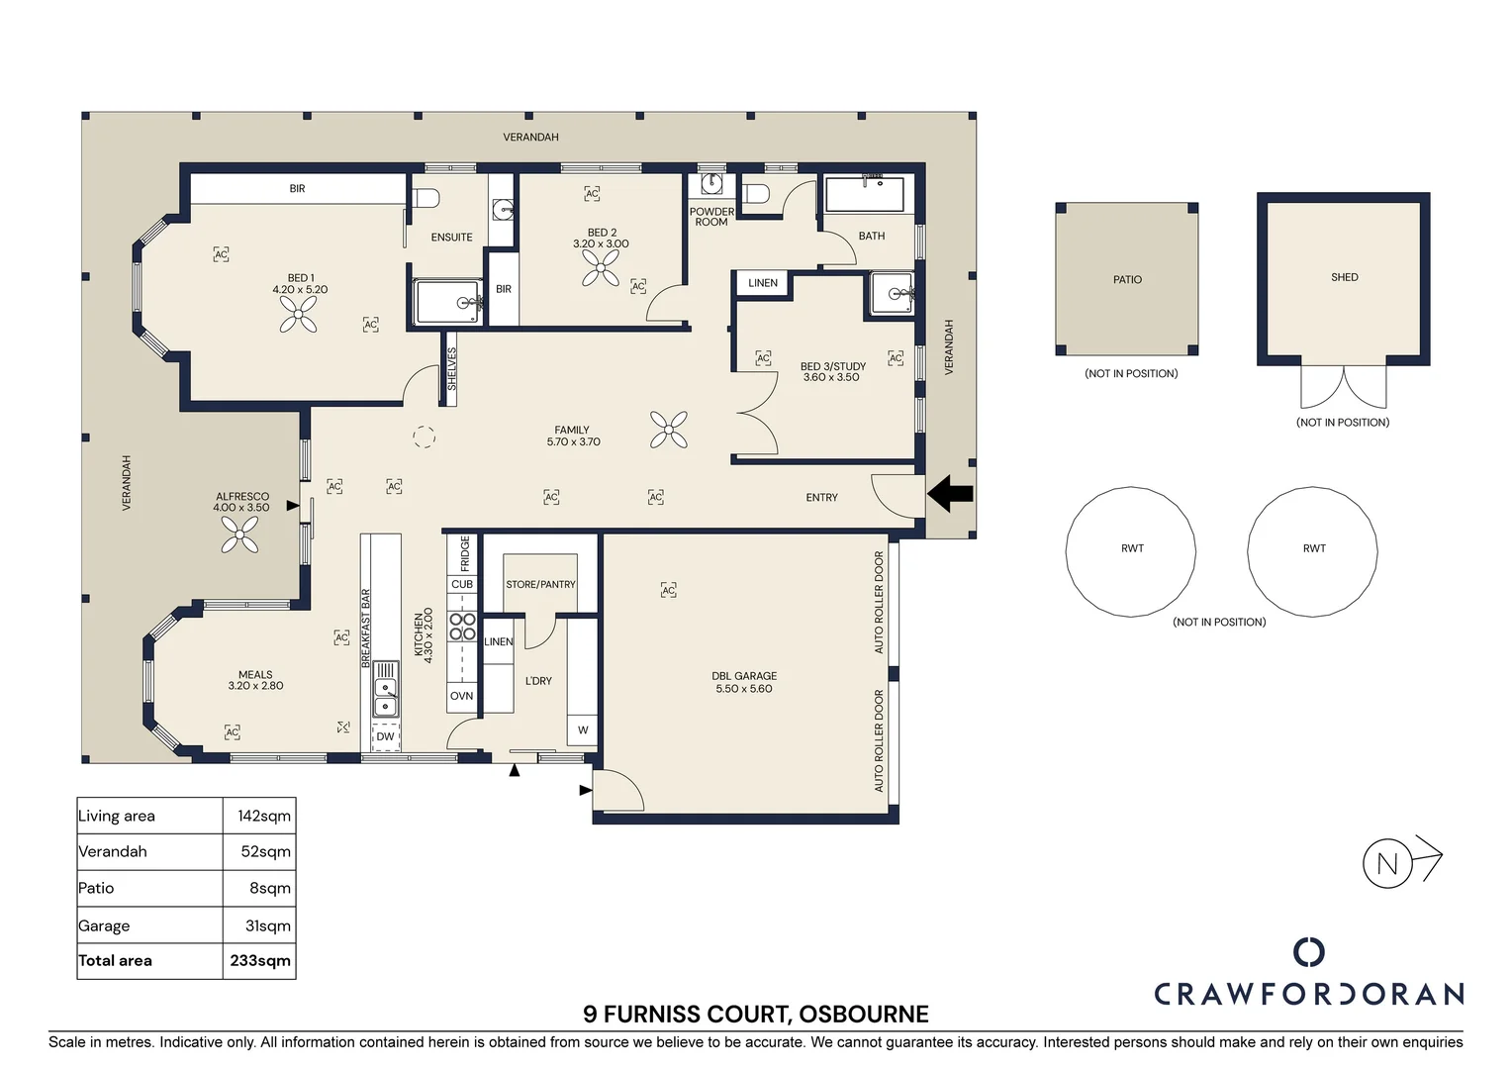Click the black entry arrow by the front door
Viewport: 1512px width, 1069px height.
[950, 494]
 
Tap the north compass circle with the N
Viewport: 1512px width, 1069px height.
[1387, 863]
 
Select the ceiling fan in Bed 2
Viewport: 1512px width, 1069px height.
[600, 267]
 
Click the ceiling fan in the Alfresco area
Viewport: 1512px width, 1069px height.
[239, 534]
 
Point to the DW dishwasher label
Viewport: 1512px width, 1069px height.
[385, 736]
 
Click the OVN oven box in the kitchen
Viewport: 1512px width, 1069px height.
[462, 696]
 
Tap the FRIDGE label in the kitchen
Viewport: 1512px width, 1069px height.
[465, 553]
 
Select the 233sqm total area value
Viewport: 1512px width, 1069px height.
[260, 960]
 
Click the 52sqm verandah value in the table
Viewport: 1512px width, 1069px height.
[266, 851]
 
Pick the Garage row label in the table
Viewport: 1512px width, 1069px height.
[104, 925]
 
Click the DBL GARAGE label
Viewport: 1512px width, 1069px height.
[744, 676]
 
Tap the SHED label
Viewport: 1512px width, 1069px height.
[1345, 277]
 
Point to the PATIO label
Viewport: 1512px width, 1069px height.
[1127, 279]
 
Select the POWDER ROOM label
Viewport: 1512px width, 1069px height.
[711, 217]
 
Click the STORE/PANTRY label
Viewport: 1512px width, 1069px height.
[540, 584]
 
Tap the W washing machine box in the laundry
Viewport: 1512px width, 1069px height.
[583, 730]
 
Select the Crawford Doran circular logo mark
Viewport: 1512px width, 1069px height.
[1309, 951]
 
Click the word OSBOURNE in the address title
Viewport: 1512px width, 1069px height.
[863, 1014]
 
